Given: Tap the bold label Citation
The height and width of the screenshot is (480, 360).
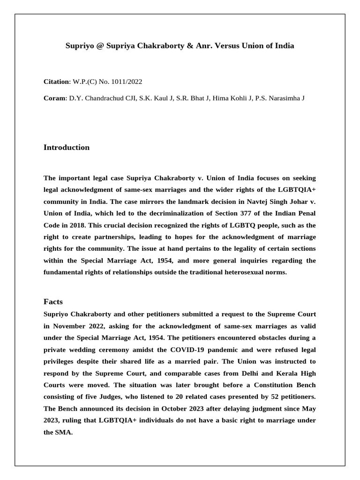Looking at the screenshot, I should (56, 82).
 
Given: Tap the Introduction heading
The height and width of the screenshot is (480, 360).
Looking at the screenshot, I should (67, 147).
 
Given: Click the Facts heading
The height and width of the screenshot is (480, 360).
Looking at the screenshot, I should (53, 301).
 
